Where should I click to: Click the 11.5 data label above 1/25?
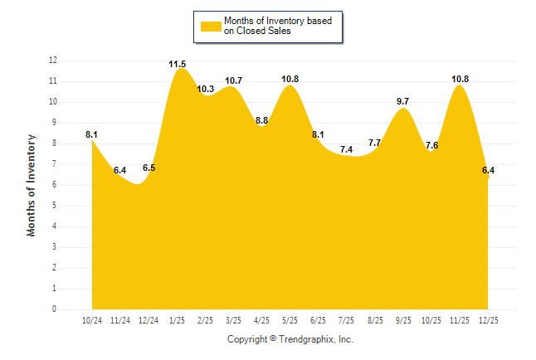pyautogui.click(x=178, y=64)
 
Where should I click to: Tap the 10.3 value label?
pyautogui.click(x=206, y=89)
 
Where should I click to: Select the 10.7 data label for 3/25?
pyautogui.click(x=234, y=80)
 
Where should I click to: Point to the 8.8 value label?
pyautogui.click(x=262, y=120)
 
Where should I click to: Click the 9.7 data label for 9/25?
pyautogui.click(x=404, y=101)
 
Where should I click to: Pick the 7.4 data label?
pyautogui.click(x=347, y=149)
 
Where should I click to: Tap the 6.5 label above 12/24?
pyautogui.click(x=149, y=168)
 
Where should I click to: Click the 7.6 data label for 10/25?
pyautogui.click(x=432, y=145)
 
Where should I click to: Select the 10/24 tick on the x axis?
pyautogui.click(x=92, y=319)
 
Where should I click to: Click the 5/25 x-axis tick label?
pyautogui.click(x=290, y=319)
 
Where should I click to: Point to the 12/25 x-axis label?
pyautogui.click(x=489, y=319)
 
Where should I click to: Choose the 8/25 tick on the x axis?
pyautogui.click(x=375, y=319)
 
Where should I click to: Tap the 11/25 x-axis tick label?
pyautogui.click(x=460, y=319)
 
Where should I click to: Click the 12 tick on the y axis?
pyautogui.click(x=53, y=61)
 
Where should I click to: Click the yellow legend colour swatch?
pyautogui.click(x=210, y=26)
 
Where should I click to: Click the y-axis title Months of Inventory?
pyautogui.click(x=32, y=185)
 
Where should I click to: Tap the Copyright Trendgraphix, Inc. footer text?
pyautogui.click(x=290, y=339)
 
